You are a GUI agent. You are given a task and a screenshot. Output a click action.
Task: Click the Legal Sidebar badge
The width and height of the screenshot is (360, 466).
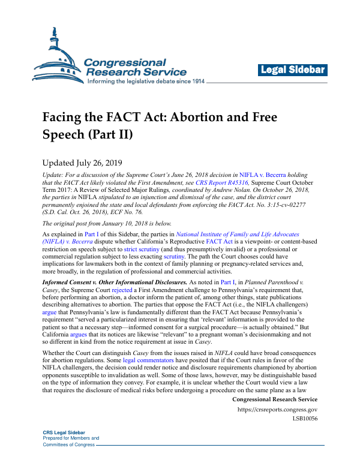[293, 70]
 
